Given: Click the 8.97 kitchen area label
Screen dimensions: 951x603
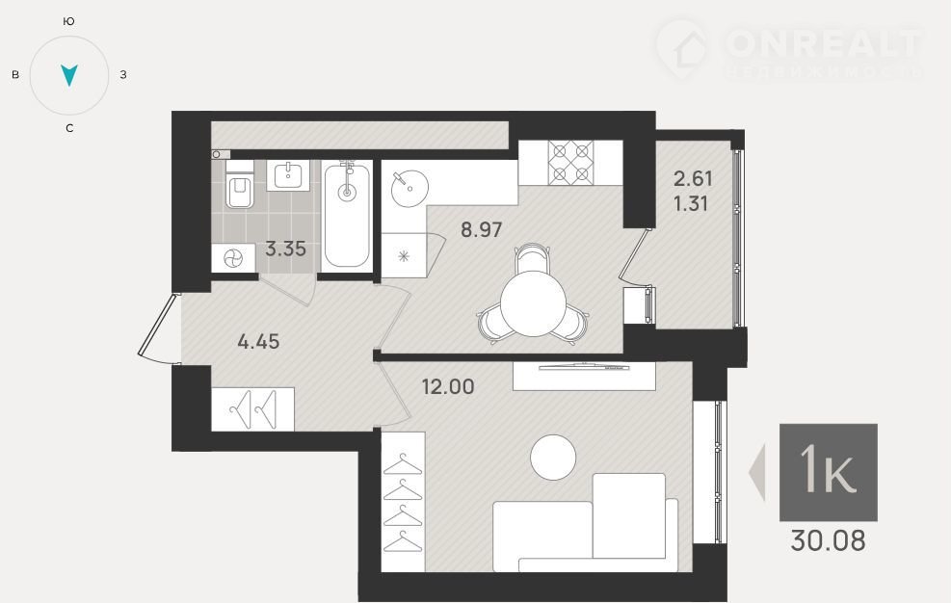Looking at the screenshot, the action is point(481,229).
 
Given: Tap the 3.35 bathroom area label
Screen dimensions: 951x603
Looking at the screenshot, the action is point(285,249).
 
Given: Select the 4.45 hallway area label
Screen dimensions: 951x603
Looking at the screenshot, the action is point(258,342).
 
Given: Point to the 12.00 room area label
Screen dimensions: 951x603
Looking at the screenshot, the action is point(448,386).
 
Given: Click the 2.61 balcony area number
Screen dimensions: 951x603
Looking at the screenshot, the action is point(693,178).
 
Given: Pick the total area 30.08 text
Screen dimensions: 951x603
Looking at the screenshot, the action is point(828,540).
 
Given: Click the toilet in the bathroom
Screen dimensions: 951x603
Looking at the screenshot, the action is point(240,184).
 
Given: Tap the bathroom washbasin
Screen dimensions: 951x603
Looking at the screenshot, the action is point(288,175).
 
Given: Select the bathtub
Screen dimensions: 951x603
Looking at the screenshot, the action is point(347,216).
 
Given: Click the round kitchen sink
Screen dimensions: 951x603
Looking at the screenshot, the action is point(409,188).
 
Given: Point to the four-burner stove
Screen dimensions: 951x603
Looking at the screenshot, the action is point(570,162).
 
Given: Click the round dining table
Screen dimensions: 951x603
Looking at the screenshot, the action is point(533,303).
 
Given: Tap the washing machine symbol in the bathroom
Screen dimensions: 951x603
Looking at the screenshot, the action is point(233,258).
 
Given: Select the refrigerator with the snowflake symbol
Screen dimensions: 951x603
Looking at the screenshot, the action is point(404,255).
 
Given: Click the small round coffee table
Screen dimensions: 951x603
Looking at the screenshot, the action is point(553,458).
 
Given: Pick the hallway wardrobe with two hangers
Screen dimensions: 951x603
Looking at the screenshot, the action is point(252,409).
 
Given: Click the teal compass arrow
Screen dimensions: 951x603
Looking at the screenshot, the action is point(69,74).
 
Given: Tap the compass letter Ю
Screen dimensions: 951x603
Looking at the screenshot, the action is point(69,21).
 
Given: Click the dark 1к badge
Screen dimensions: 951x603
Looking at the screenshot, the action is point(828,473).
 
